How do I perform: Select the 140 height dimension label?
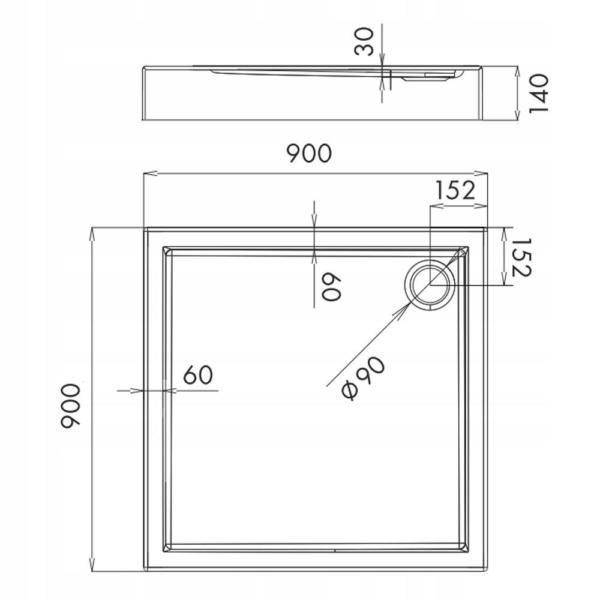tap(538, 93)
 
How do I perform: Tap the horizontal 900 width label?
tap(308, 154)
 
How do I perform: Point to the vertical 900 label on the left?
tap(71, 406)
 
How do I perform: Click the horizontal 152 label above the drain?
tap(455, 190)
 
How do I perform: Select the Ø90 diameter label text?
tap(362, 377)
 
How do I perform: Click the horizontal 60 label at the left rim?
tap(198, 376)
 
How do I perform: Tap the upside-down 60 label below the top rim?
tap(331, 287)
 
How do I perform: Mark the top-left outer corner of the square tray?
tap(144, 228)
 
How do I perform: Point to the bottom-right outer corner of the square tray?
tap(487, 571)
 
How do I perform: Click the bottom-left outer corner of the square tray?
tap(144, 571)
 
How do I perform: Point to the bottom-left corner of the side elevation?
tap(142, 120)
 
